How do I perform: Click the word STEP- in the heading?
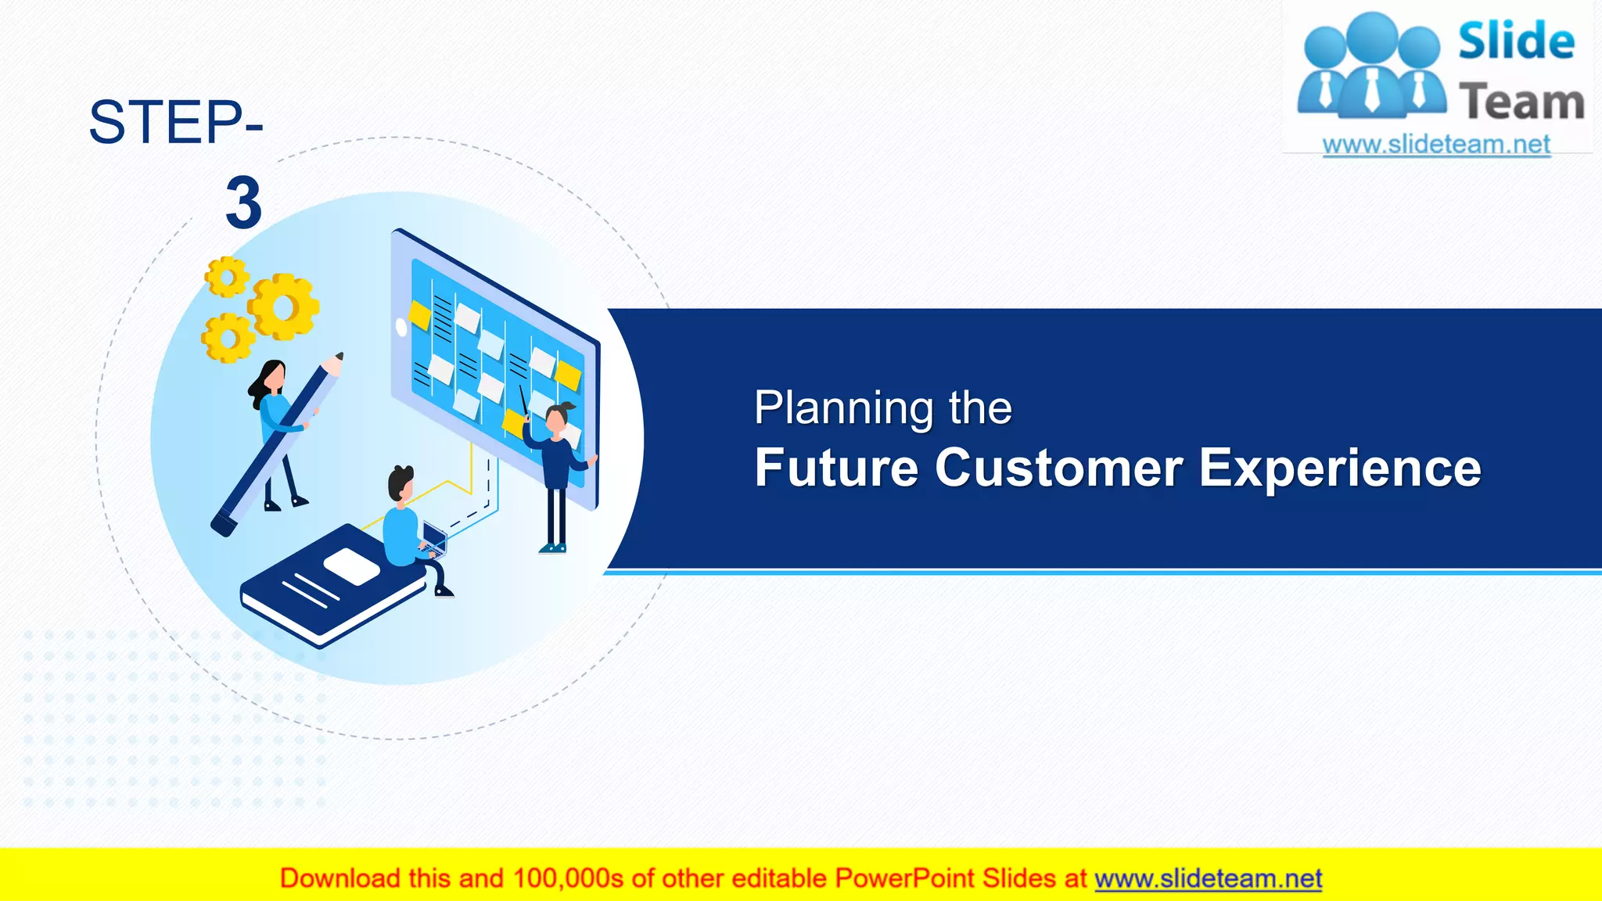[x=175, y=123]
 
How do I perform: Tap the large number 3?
[x=243, y=203]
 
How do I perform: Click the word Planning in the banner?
[x=844, y=408]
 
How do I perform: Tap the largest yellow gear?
[x=283, y=307]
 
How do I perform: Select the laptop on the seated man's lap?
[x=434, y=538]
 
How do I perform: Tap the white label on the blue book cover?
[x=351, y=565]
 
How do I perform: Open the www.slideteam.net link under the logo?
[x=1436, y=145]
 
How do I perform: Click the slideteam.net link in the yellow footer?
[x=1208, y=878]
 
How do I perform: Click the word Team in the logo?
[x=1521, y=102]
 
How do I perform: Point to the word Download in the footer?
[x=340, y=878]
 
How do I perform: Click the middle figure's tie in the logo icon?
[x=1372, y=89]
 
